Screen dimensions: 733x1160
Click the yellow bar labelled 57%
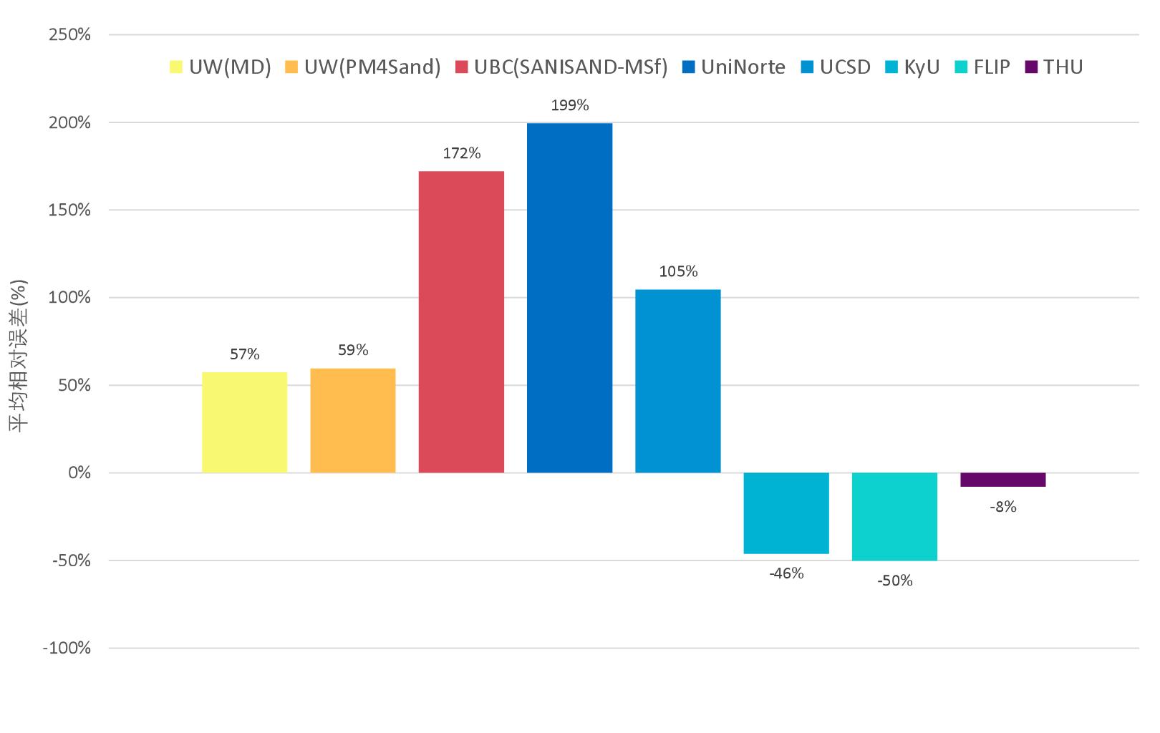click(244, 422)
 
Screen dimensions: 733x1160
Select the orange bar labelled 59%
click(352, 421)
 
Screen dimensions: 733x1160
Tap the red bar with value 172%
click(461, 322)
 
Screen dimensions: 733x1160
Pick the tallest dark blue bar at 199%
click(569, 298)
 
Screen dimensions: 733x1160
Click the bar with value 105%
click(677, 381)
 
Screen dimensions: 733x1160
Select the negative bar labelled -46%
click(786, 513)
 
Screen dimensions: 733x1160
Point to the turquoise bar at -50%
click(894, 516)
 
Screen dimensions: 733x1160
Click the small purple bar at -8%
click(1002, 480)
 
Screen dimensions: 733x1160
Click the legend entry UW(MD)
click(221, 67)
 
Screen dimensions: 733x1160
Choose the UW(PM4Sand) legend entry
click(362, 67)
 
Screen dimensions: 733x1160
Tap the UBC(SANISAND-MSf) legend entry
click(561, 67)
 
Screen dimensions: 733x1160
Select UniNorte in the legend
click(734, 67)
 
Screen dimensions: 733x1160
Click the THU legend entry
click(1054, 67)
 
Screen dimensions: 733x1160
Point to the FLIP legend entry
click(982, 67)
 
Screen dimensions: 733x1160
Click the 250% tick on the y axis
click(69, 34)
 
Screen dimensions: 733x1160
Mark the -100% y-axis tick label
click(67, 649)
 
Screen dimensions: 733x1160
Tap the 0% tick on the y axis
click(79, 473)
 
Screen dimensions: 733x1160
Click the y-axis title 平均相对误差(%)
click(19, 355)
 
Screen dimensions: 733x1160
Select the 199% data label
click(569, 105)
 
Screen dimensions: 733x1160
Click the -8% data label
click(1002, 507)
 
